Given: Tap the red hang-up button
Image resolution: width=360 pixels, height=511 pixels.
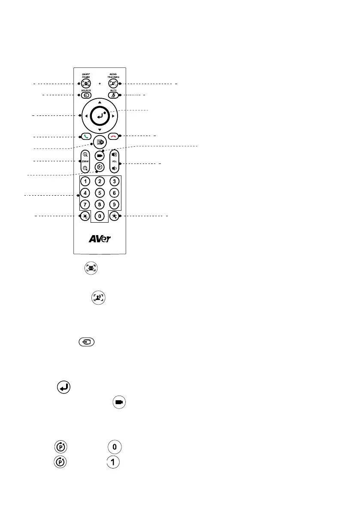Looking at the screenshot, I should (113, 136).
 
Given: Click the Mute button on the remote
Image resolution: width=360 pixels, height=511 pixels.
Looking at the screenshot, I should (113, 95).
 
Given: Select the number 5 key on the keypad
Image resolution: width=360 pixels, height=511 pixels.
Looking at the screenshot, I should (99, 193).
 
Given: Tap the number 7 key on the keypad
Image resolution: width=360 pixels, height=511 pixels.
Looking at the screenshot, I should (85, 204).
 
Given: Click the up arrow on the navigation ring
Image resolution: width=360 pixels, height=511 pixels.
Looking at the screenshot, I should (99, 102).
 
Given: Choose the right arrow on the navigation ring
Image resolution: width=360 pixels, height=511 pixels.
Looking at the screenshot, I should (113, 116).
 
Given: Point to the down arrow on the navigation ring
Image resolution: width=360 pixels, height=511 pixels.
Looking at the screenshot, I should (99, 130).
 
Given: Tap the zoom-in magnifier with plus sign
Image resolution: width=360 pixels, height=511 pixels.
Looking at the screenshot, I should (85, 154).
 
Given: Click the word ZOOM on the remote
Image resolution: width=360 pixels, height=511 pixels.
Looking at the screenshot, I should (85, 162).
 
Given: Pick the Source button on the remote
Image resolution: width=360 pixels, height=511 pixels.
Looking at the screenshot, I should (85, 95).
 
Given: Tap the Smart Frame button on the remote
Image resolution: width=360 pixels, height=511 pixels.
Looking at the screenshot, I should (85, 84).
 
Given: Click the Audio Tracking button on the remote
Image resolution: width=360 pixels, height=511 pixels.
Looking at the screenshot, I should (113, 84).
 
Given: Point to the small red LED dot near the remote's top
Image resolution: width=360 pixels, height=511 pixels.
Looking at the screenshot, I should (100, 84).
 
